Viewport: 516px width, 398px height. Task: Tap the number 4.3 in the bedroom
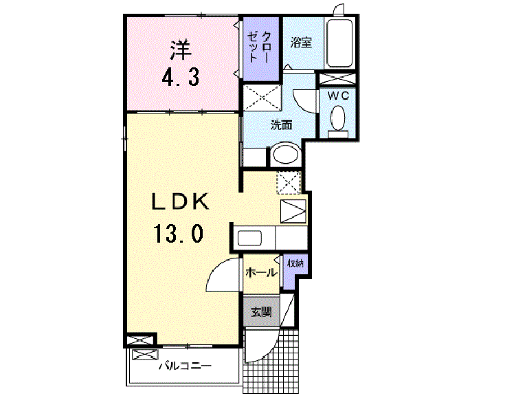click(180, 76)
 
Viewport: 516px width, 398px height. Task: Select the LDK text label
click(179, 201)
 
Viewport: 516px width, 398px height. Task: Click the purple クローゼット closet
click(260, 48)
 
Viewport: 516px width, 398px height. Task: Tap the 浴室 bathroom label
click(302, 43)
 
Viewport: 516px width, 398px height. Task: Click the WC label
click(337, 96)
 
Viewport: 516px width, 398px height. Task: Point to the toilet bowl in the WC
click(337, 120)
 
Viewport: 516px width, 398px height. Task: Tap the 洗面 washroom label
click(280, 125)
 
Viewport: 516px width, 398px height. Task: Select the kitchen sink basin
click(249, 239)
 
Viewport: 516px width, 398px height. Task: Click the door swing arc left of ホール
click(221, 278)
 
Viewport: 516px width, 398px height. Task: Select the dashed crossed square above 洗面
click(262, 97)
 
